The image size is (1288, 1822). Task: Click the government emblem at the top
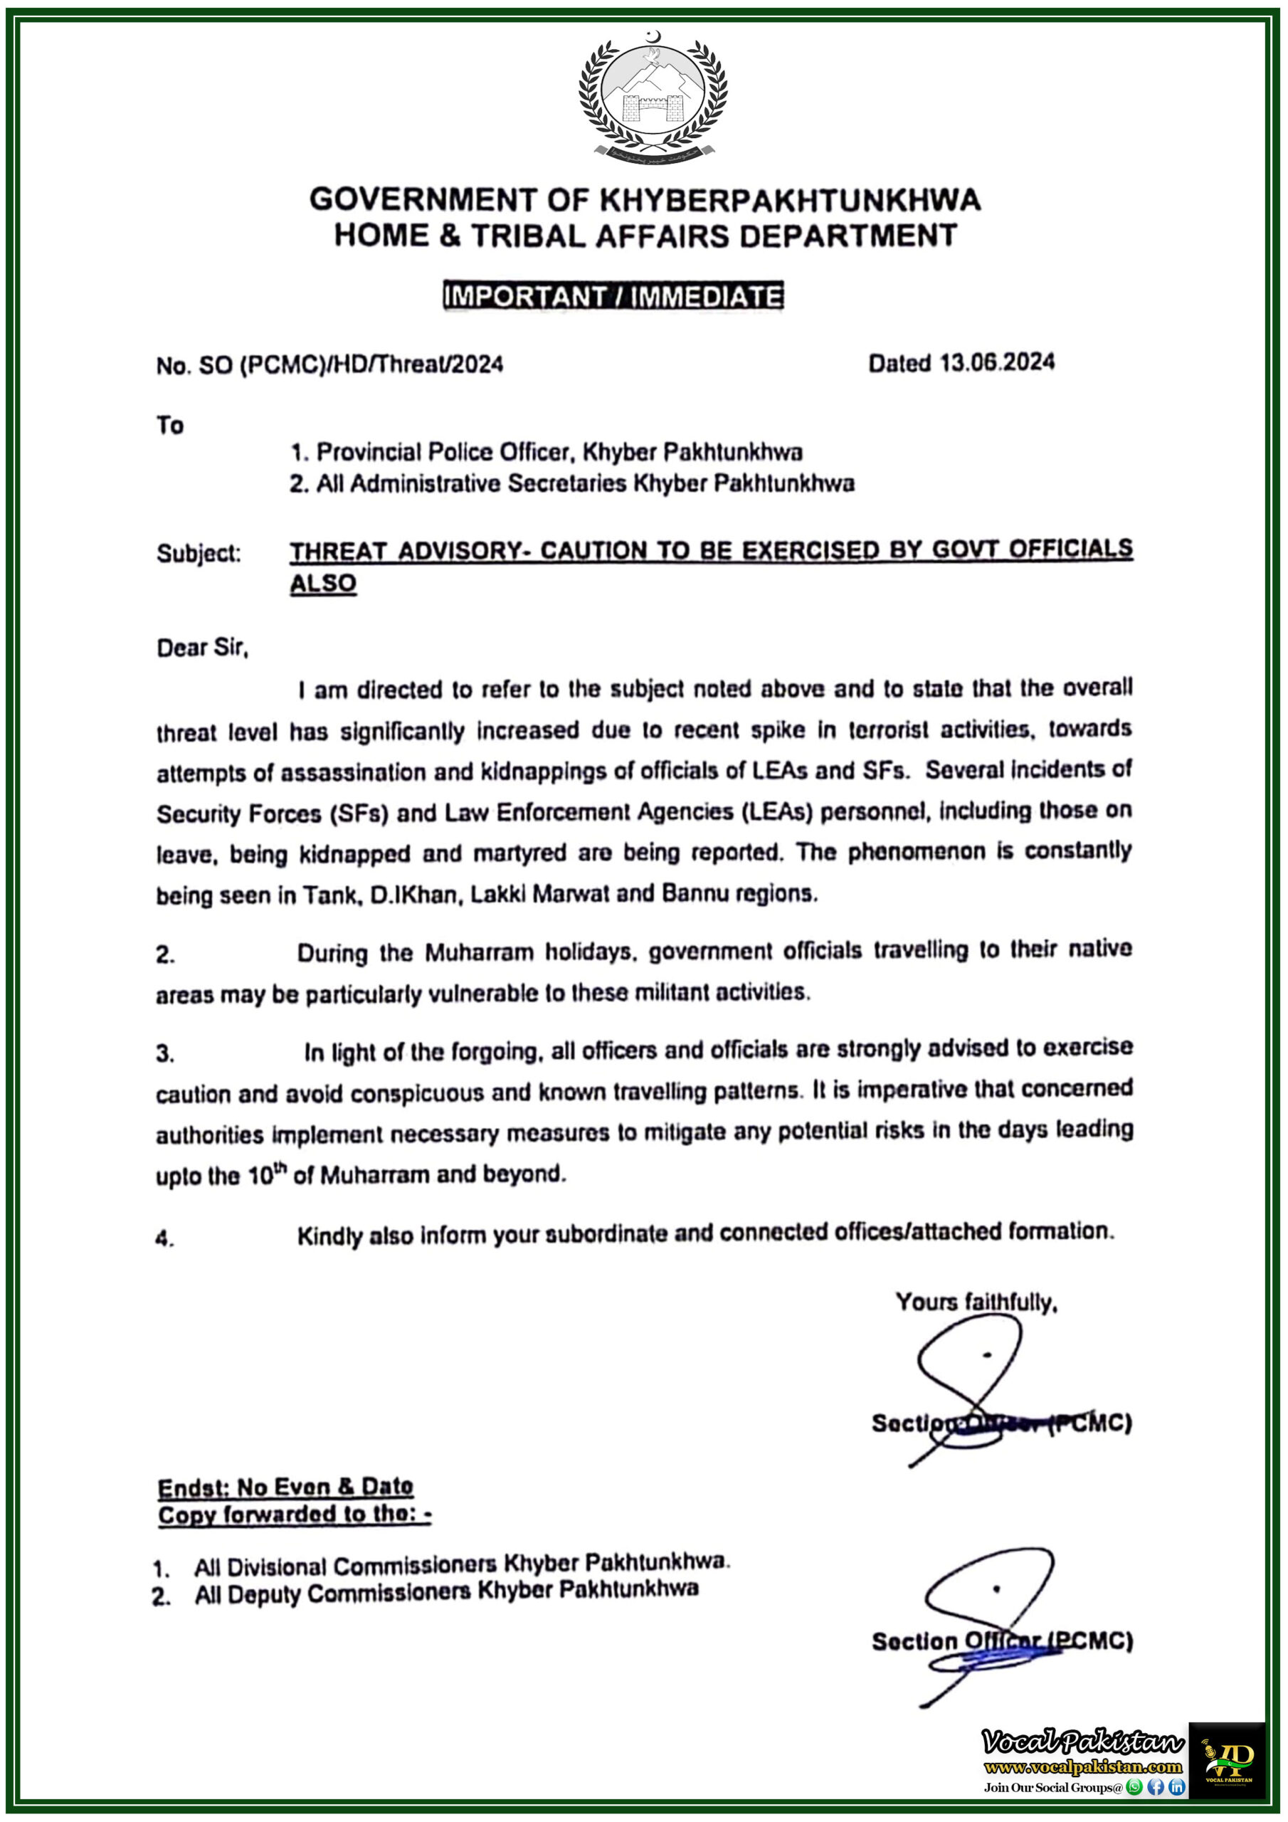click(x=653, y=97)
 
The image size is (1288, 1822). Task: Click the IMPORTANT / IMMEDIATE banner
click(x=613, y=296)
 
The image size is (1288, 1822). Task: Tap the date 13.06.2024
click(x=997, y=363)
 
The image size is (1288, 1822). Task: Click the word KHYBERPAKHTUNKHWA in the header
click(x=790, y=200)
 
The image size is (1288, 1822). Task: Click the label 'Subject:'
click(x=199, y=553)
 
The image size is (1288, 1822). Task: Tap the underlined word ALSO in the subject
click(x=322, y=584)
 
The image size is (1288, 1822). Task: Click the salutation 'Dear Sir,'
click(x=202, y=648)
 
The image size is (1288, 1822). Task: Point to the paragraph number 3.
click(x=164, y=1054)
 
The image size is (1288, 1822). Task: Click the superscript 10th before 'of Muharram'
click(x=267, y=1174)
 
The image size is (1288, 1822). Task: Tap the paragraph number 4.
click(x=164, y=1238)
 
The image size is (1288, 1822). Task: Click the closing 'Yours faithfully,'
click(x=976, y=1302)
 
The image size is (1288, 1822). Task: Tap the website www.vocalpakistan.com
click(x=1082, y=1766)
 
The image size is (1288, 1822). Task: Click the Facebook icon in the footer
click(x=1156, y=1787)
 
